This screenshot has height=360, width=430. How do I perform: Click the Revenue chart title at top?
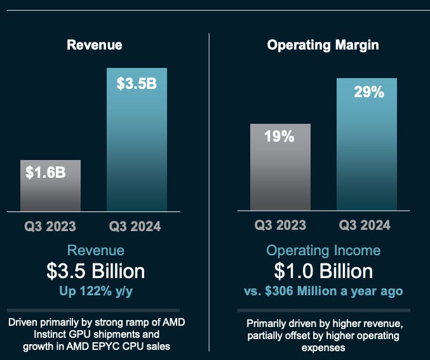point(95,45)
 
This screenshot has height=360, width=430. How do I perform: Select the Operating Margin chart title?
point(323,45)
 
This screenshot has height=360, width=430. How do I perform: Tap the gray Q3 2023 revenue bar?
point(50,190)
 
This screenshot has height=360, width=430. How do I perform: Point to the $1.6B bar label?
point(46,171)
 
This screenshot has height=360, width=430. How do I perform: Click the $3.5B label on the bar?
point(137,83)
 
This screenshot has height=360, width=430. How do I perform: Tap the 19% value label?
point(279,136)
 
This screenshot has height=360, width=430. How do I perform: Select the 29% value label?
point(368,92)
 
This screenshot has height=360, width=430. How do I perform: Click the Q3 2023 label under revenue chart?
point(50,226)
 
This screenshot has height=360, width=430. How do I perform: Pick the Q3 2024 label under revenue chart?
point(135,226)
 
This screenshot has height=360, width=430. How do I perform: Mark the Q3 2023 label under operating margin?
point(280,225)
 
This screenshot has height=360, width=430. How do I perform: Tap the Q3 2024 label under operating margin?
point(365,225)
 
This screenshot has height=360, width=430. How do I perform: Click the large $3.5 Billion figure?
point(95,271)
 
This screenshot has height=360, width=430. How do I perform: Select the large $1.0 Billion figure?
point(323,271)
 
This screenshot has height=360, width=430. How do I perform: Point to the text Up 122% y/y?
point(95,291)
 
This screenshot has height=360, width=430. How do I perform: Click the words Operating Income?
point(323,250)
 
